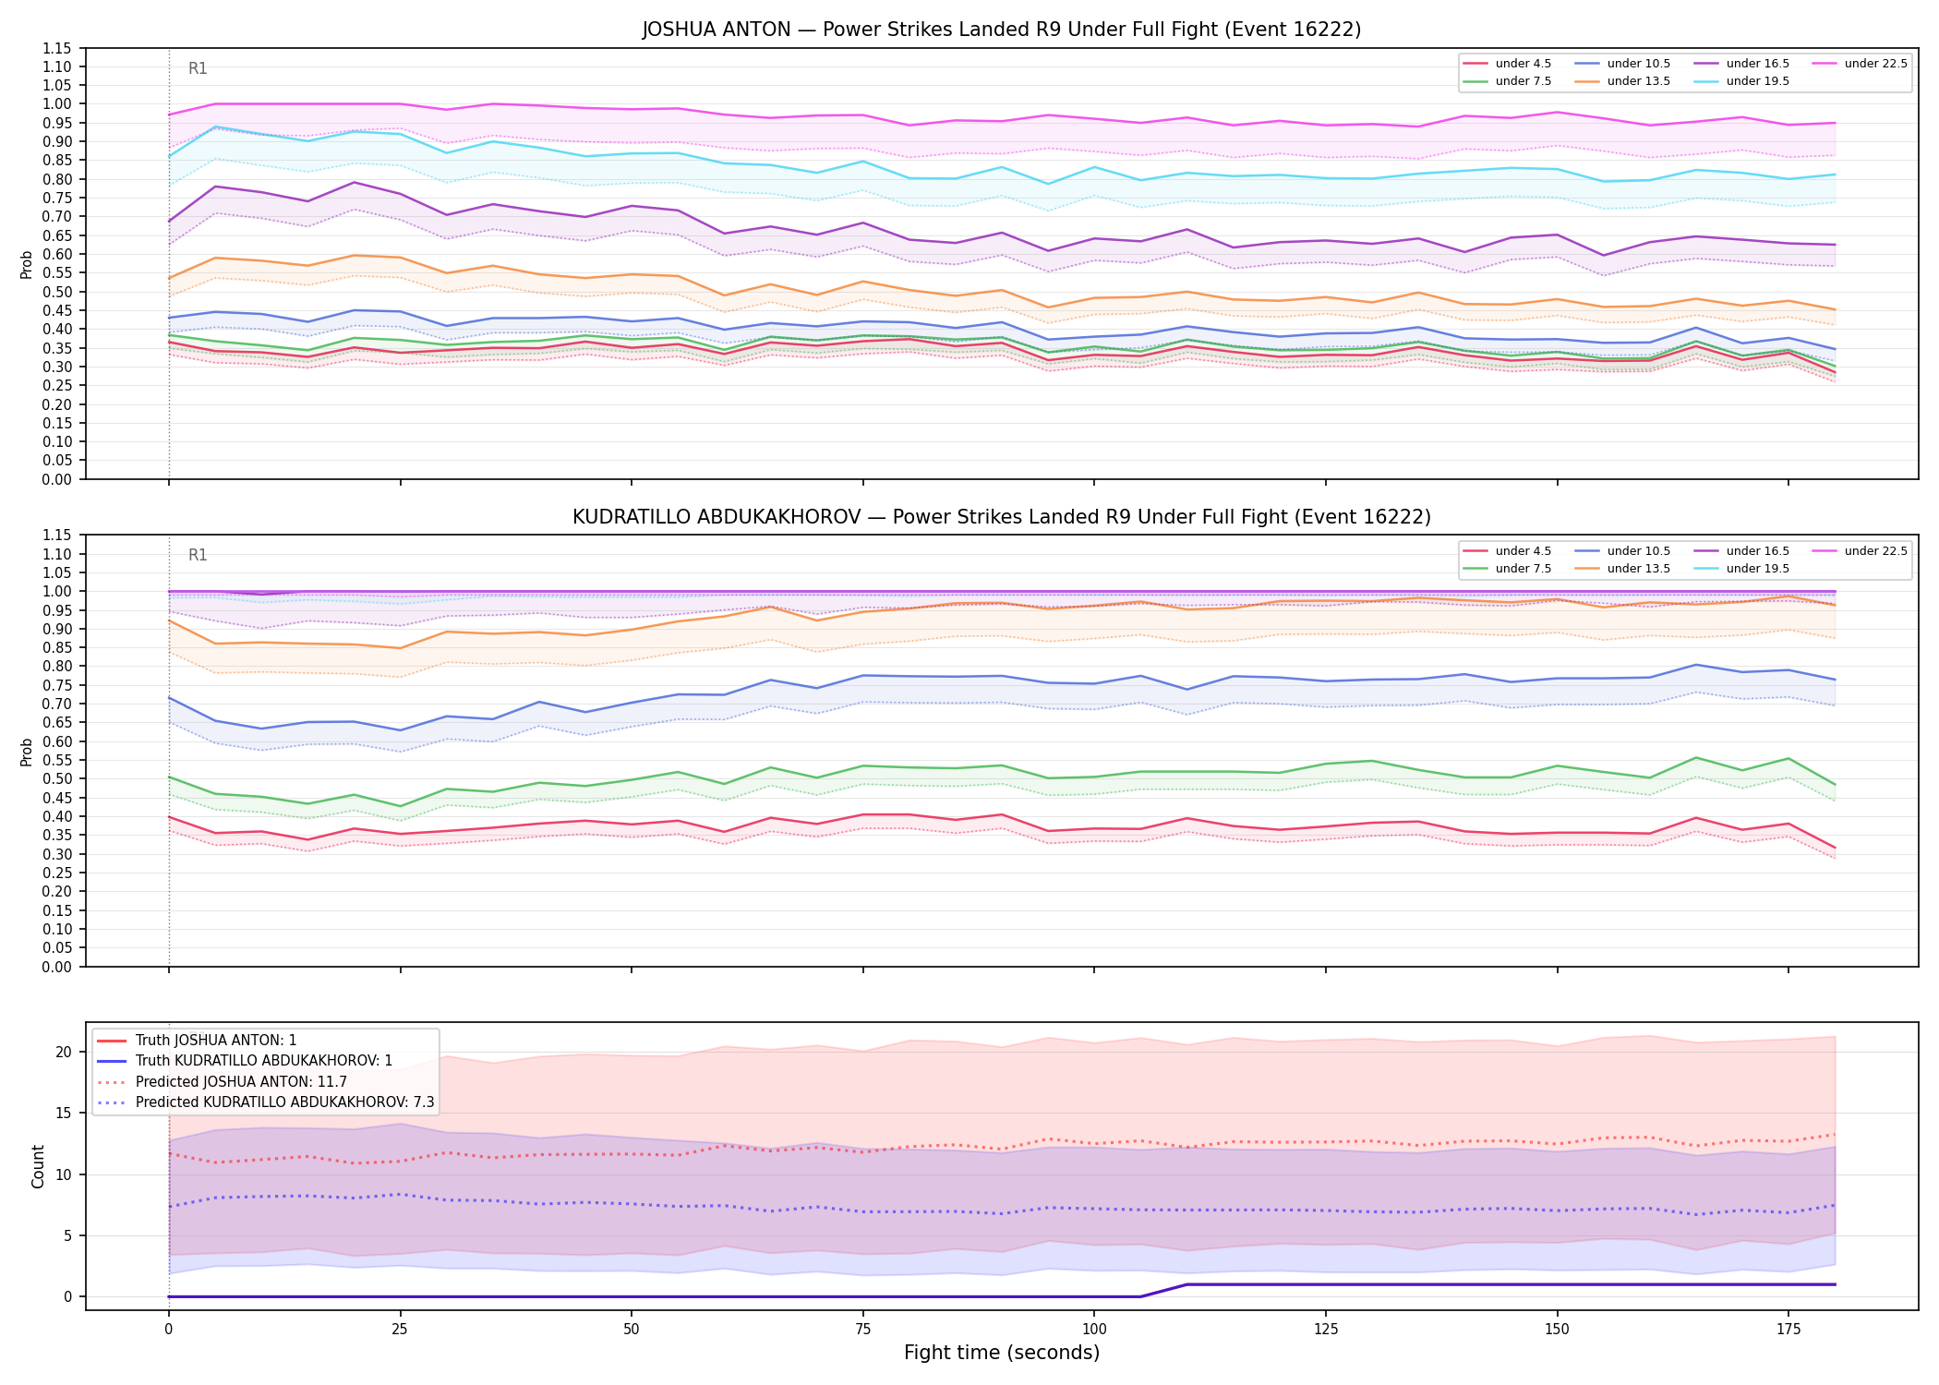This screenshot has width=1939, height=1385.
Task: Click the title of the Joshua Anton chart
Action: coord(1002,30)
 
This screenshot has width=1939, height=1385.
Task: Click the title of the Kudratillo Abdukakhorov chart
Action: coord(1002,517)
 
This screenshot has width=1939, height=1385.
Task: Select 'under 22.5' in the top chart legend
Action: coord(1875,64)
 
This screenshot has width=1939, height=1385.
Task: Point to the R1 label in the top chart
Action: coord(198,68)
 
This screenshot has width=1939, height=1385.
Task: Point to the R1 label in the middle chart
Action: coord(198,555)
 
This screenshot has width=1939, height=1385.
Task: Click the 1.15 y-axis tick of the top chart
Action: coord(59,48)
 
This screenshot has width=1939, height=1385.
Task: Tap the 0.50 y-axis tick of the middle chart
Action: coord(59,779)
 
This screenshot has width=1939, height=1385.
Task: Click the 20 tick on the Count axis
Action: coord(64,1053)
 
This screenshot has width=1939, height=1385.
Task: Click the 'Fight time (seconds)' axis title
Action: coord(1002,1354)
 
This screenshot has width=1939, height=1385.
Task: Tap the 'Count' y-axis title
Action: coord(38,1166)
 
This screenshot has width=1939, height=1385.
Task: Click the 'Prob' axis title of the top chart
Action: coord(27,265)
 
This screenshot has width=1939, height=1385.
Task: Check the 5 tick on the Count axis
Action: coord(67,1236)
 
